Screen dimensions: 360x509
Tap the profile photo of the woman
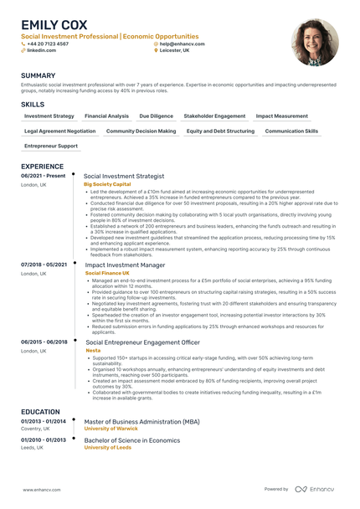tap(315, 42)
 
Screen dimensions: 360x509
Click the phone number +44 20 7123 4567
tap(48, 44)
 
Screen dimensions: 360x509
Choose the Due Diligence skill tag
tap(156, 116)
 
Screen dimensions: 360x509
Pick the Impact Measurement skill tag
tap(281, 116)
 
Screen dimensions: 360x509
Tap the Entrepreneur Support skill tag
tap(51, 146)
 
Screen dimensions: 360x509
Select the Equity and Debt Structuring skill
tap(220, 131)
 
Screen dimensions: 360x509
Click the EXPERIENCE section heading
tap(42, 167)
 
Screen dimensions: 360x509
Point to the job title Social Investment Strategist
tap(124, 176)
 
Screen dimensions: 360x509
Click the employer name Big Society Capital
tap(107, 183)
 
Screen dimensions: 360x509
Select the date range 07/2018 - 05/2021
tap(44, 265)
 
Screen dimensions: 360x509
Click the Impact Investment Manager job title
tap(125, 265)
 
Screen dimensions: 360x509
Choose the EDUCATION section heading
tap(40, 411)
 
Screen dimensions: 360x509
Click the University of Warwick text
tap(111, 429)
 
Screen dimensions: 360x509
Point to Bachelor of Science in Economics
tap(132, 440)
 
